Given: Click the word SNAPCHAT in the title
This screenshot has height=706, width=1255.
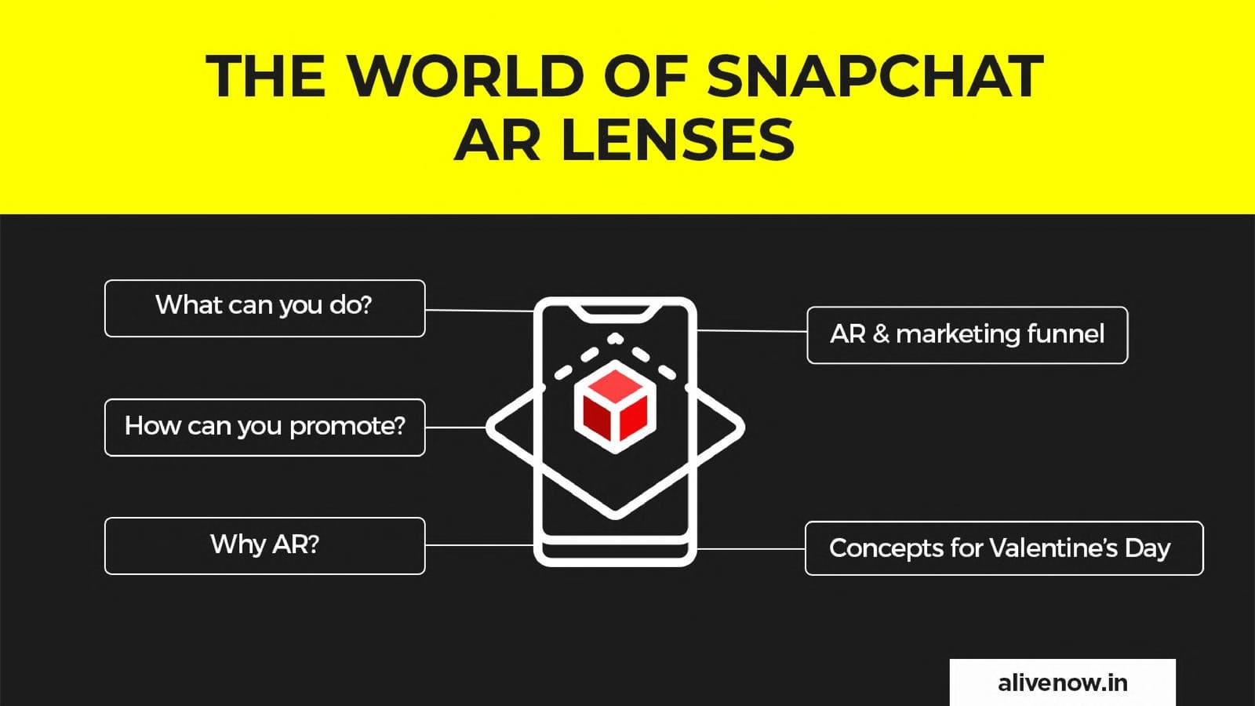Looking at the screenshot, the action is tap(875, 76).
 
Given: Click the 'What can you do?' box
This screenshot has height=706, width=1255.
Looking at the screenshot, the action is tap(265, 308).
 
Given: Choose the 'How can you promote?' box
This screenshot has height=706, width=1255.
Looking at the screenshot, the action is tap(265, 428).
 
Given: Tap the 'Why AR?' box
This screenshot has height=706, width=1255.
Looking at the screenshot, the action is tap(265, 546).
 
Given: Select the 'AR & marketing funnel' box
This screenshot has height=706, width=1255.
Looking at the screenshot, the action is tap(968, 335).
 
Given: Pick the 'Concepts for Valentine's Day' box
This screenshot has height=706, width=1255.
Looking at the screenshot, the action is tap(1004, 548).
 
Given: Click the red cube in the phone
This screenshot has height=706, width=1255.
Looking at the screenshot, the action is tap(615, 406).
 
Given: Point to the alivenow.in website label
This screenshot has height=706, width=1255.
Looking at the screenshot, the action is tap(1063, 682).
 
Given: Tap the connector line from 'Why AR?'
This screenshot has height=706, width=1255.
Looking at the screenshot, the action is tap(479, 544).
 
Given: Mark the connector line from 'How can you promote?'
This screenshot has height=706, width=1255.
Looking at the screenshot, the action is tap(456, 428).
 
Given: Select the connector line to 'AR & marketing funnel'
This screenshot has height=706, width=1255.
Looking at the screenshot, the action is tap(752, 330).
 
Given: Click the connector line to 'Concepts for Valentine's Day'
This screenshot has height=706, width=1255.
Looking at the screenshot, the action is tap(751, 548).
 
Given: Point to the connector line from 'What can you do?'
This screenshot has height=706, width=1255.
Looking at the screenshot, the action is tap(479, 310).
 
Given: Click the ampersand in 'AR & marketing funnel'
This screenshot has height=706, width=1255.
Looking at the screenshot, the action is tap(881, 334).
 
